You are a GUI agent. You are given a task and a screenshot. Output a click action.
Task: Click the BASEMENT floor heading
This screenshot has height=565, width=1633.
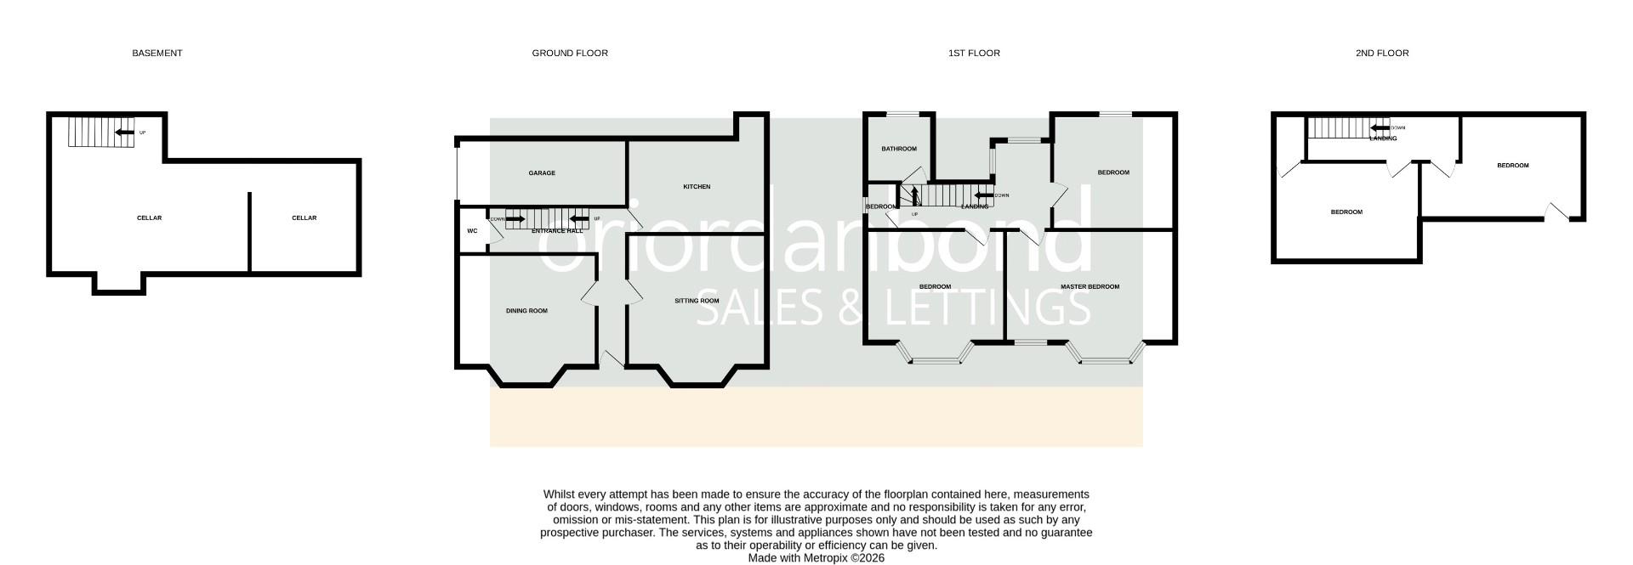pyautogui.click(x=156, y=53)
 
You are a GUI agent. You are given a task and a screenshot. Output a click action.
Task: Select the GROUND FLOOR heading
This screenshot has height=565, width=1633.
pyautogui.click(x=570, y=53)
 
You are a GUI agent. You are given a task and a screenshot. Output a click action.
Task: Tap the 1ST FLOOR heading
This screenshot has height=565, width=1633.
pyautogui.click(x=974, y=53)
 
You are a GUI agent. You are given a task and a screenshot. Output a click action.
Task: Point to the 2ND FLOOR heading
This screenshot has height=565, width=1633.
pyautogui.click(x=1382, y=53)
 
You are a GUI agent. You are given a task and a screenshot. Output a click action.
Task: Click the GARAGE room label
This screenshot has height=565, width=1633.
pyautogui.click(x=542, y=173)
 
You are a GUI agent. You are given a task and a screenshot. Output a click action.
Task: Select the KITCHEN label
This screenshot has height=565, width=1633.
pyautogui.click(x=697, y=187)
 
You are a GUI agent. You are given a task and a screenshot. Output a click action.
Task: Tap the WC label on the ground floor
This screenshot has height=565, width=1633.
pyautogui.click(x=472, y=231)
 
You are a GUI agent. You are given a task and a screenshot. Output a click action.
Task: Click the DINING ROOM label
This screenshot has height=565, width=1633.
pyautogui.click(x=526, y=311)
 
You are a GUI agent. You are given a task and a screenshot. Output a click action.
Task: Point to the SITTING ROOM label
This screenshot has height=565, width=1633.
pyautogui.click(x=697, y=301)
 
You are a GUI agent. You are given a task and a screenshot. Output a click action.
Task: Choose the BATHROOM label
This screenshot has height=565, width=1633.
pyautogui.click(x=899, y=149)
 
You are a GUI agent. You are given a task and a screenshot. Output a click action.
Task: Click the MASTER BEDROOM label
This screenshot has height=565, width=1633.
pyautogui.click(x=1090, y=287)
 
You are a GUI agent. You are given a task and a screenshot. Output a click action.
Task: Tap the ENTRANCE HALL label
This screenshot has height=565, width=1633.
pyautogui.click(x=557, y=231)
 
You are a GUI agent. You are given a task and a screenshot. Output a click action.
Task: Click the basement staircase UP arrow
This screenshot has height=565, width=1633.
pyautogui.click(x=125, y=132)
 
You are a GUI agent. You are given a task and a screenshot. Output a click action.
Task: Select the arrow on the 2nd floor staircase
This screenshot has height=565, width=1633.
pyautogui.click(x=1375, y=128)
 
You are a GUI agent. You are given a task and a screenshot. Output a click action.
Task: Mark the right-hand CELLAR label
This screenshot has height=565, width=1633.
pyautogui.click(x=304, y=218)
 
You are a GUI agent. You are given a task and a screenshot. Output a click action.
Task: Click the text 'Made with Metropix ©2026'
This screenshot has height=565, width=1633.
pyautogui.click(x=816, y=558)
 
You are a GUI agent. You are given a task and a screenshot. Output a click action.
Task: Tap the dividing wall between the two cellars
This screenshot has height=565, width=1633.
pyautogui.click(x=249, y=231)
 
